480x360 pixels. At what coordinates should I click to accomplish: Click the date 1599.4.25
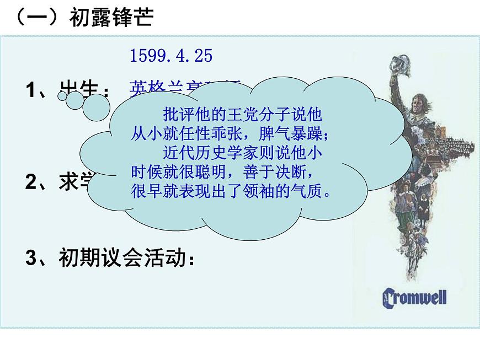click(171, 56)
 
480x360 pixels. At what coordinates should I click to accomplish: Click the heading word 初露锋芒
click(111, 18)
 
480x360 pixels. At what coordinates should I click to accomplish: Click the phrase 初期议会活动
click(122, 257)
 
